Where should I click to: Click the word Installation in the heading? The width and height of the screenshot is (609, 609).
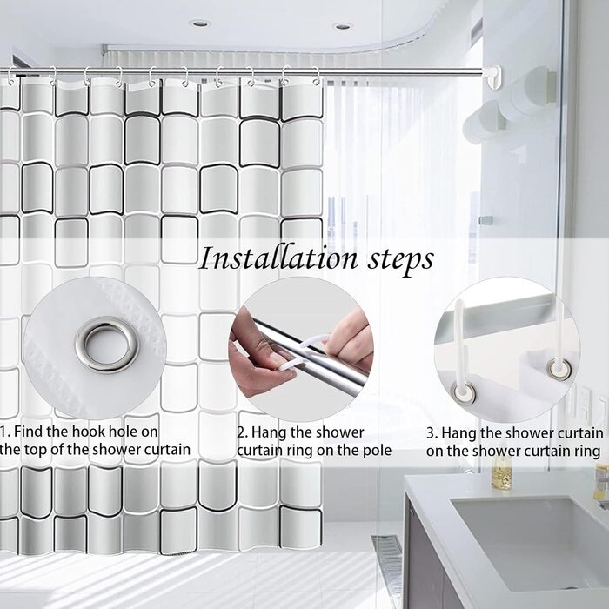(x=278, y=258)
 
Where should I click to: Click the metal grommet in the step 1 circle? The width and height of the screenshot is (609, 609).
(x=108, y=345)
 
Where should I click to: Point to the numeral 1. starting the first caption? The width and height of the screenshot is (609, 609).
(x=5, y=432)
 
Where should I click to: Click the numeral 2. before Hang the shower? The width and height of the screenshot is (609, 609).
(x=243, y=432)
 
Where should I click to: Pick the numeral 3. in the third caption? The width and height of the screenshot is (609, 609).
(x=432, y=432)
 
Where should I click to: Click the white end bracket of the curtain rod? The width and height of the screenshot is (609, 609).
(x=494, y=77)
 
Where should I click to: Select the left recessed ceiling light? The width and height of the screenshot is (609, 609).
(x=199, y=23)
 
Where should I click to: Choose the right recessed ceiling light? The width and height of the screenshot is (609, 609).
(x=343, y=26)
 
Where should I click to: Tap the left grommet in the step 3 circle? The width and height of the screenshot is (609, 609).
(x=464, y=392)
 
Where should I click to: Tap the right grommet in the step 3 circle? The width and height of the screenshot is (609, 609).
(x=559, y=370)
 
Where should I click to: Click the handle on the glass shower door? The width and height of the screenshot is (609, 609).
(x=485, y=220)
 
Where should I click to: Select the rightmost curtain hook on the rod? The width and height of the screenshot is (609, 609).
(x=317, y=77)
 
